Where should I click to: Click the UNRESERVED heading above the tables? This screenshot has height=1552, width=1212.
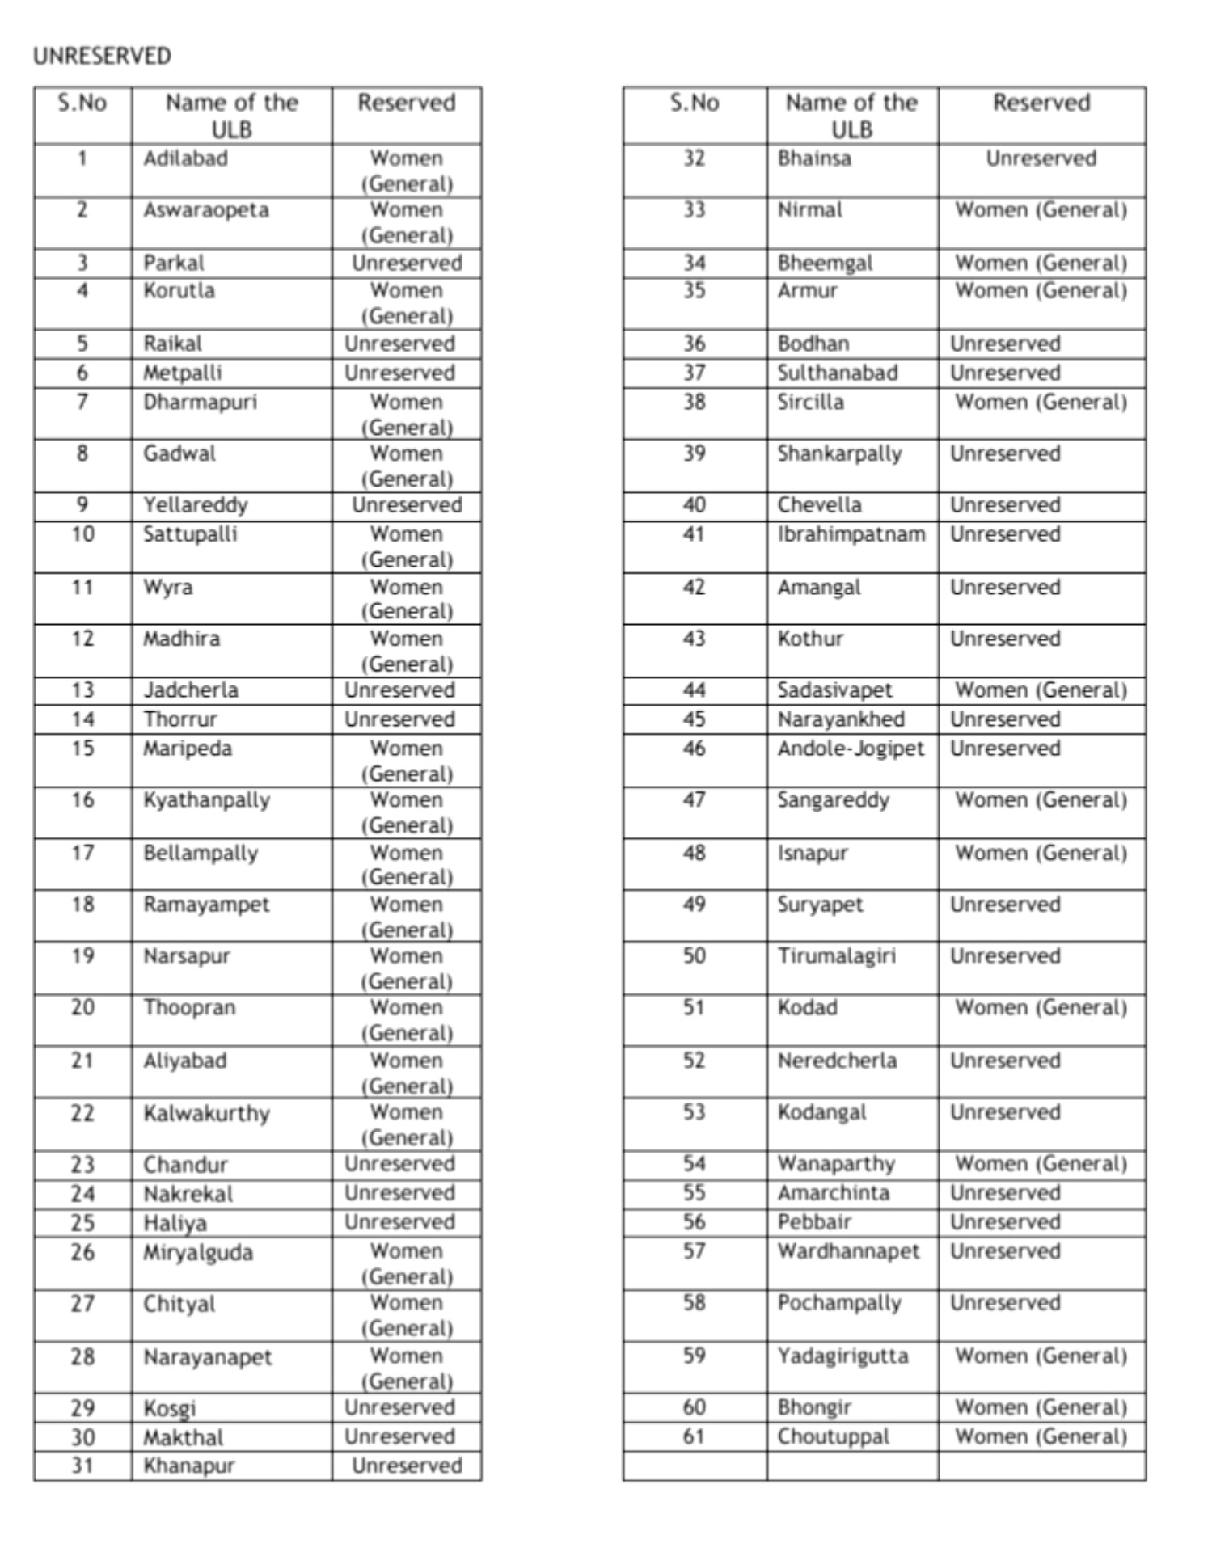(x=102, y=56)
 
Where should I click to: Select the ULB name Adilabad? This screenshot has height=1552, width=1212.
(x=185, y=158)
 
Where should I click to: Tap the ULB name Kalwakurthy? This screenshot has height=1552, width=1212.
(x=206, y=1113)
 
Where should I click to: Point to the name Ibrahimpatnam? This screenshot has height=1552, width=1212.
(x=851, y=534)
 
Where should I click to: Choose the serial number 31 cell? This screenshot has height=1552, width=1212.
(x=82, y=1466)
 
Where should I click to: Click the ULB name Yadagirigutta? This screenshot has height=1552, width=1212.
(x=842, y=1356)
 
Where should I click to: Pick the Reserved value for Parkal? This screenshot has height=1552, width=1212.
(x=406, y=263)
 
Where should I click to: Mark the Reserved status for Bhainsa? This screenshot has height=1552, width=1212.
(x=1041, y=158)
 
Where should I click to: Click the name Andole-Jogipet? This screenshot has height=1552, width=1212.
(x=850, y=749)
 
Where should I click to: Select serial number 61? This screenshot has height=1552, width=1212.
(x=694, y=1436)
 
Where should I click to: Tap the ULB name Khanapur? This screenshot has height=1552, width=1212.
(x=188, y=1466)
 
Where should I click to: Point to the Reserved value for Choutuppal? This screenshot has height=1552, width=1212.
(x=1041, y=1436)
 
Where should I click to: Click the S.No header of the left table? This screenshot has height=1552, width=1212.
(x=82, y=103)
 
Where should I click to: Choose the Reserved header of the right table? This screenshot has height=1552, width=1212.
(x=1041, y=103)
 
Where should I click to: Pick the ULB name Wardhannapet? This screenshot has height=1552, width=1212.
(x=848, y=1251)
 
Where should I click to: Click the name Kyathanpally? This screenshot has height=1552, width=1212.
(x=206, y=800)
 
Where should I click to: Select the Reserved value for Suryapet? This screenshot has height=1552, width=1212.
(x=1004, y=905)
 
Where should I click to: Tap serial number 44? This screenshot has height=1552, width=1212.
(x=694, y=690)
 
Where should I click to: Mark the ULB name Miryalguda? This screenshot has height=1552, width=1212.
(x=197, y=1253)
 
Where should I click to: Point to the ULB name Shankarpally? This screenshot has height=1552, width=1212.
(x=839, y=453)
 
